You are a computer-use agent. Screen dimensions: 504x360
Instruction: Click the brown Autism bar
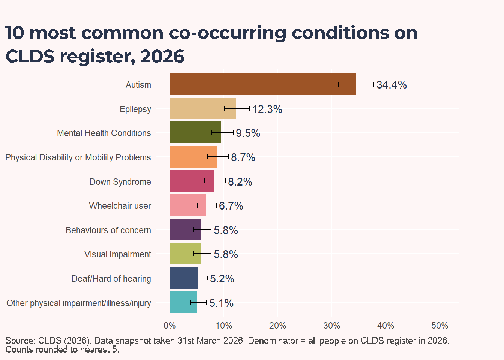[x=263, y=84]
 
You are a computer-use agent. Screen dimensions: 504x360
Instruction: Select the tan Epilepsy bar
[x=203, y=108]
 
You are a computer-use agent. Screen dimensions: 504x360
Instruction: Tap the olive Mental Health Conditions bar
[x=195, y=132]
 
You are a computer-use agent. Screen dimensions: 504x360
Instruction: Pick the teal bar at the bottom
[x=184, y=302]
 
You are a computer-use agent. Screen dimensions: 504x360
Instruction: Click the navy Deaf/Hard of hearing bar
[x=184, y=278]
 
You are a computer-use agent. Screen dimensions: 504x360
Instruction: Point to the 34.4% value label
[x=392, y=85]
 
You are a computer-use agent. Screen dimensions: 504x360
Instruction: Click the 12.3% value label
[x=267, y=109]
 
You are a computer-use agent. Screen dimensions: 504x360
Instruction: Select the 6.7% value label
[x=231, y=206]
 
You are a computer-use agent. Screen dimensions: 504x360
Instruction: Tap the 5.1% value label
[x=221, y=303]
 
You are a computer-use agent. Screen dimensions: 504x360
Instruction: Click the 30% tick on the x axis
[x=331, y=325]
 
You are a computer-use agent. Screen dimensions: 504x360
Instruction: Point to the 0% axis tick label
[x=169, y=325]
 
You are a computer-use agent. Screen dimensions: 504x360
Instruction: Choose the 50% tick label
[x=439, y=325]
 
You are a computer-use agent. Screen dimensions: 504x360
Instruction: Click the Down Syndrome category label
[x=120, y=182]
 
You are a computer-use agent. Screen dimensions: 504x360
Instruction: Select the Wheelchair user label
[x=120, y=206]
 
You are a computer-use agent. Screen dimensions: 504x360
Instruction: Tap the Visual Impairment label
[x=118, y=254]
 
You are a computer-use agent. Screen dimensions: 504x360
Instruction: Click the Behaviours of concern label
[x=108, y=230]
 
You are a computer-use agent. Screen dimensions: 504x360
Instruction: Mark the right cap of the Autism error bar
[x=374, y=84]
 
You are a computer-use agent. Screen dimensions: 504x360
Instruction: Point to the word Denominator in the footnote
[x=273, y=340]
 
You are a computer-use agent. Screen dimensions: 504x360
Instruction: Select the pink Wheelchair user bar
[x=187, y=205]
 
